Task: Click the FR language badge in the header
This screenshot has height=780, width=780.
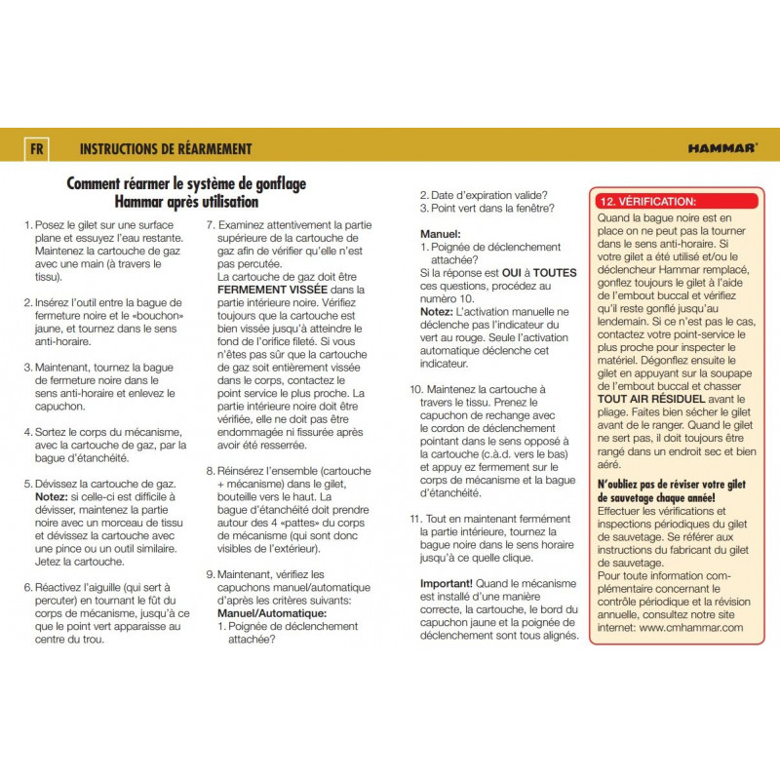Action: pyautogui.click(x=36, y=149)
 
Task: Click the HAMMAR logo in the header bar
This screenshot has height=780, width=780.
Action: pyautogui.click(x=721, y=149)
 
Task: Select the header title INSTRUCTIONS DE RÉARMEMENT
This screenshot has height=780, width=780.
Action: pyautogui.click(x=166, y=149)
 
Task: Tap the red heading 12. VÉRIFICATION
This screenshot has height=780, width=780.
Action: pyautogui.click(x=648, y=201)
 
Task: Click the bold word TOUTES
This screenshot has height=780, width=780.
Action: pyautogui.click(x=555, y=273)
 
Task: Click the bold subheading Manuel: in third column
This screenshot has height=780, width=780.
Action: pyautogui.click(x=440, y=234)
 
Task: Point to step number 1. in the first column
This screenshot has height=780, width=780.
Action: pyautogui.click(x=28, y=224)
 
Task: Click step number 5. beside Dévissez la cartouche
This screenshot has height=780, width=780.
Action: pyautogui.click(x=28, y=484)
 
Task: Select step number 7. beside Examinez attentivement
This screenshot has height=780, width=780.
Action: pyautogui.click(x=211, y=224)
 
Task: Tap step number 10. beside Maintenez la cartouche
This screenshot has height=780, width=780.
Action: pyautogui.click(x=415, y=389)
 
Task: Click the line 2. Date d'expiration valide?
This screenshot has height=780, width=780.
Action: pyautogui.click(x=483, y=194)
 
